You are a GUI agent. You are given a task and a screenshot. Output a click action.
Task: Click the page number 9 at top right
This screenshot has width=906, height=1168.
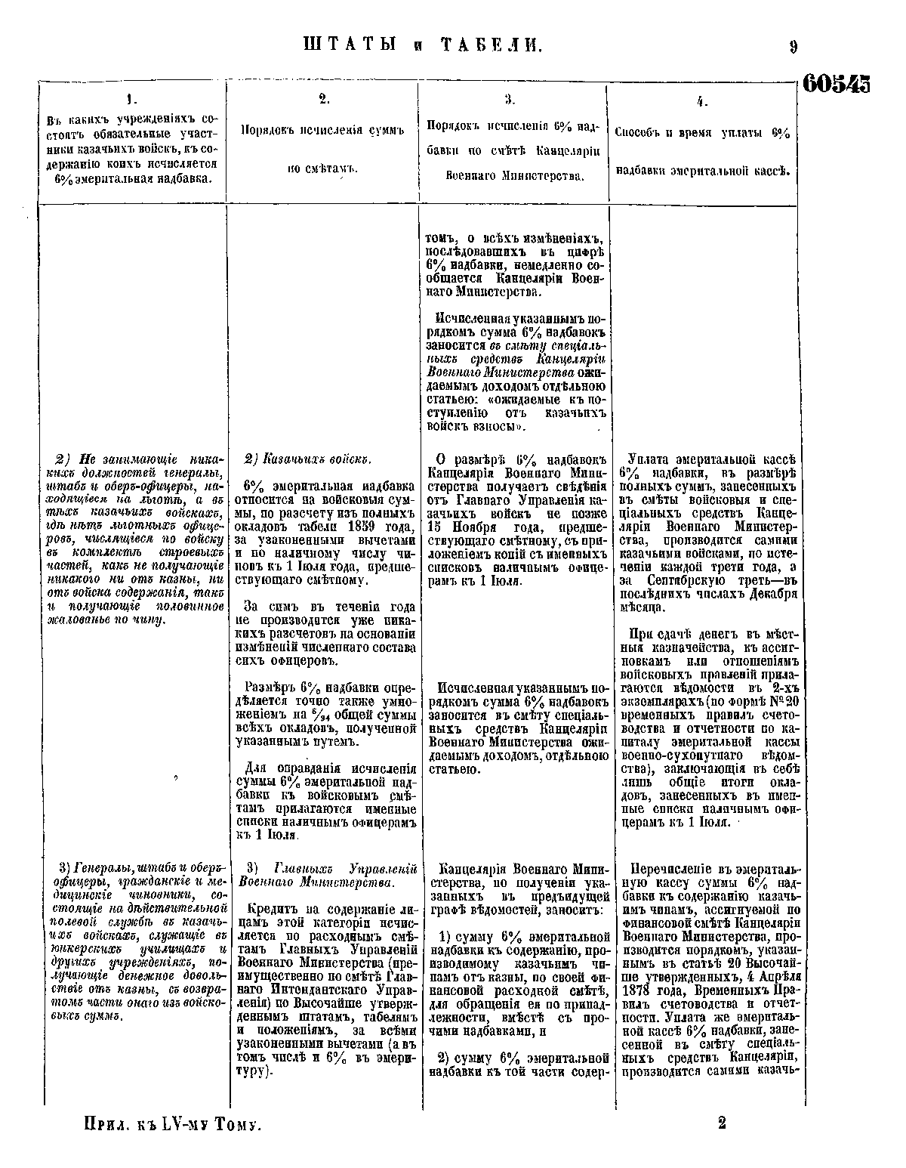pos(794,47)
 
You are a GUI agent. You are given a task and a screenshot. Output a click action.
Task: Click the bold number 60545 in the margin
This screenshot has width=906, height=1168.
pos(836,83)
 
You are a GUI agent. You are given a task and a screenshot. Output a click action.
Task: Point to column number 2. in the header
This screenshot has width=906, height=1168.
pos(322,98)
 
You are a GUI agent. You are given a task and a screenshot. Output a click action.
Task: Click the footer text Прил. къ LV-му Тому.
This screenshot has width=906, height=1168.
pos(174,1125)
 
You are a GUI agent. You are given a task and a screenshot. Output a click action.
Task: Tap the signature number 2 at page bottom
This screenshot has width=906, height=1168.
pos(723,1123)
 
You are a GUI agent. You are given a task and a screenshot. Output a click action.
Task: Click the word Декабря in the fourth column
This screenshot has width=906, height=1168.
pos(763,593)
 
